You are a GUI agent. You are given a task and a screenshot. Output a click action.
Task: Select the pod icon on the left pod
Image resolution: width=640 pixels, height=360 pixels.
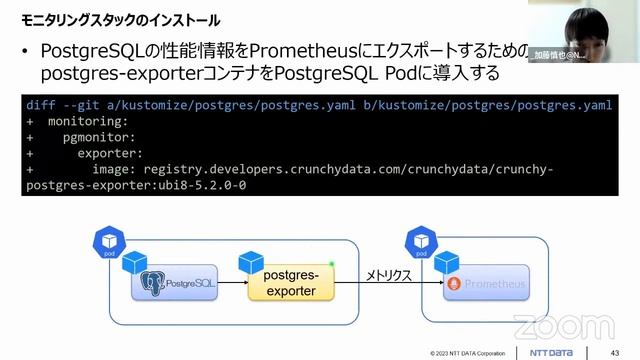(107, 242)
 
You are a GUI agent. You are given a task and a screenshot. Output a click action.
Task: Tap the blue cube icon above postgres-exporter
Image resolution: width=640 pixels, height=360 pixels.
(249, 262)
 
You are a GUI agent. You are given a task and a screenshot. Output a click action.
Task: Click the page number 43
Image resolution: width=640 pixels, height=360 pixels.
(614, 352)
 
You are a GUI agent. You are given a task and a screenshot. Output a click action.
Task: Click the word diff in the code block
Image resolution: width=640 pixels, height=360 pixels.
(42, 104)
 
